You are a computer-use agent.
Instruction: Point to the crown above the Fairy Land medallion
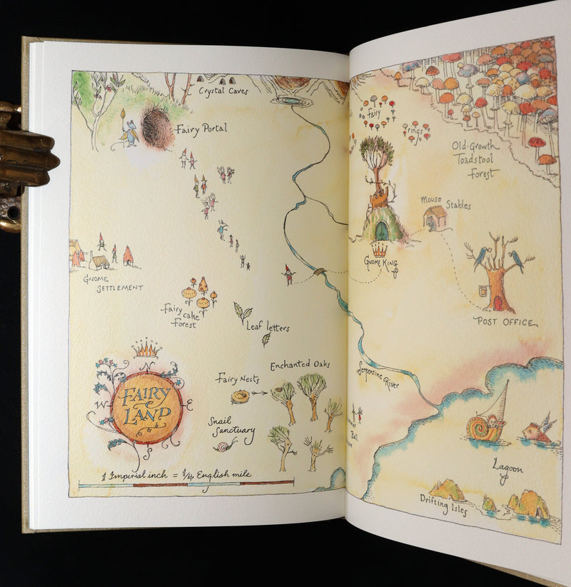tap(146, 348)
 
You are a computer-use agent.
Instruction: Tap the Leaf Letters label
tap(268, 327)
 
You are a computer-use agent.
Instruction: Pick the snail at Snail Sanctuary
tap(226, 446)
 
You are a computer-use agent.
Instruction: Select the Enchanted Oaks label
tap(300, 364)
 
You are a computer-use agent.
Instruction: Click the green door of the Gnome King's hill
tap(382, 230)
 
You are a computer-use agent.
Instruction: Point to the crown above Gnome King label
tap(378, 250)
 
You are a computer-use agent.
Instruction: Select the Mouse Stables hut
tap(434, 217)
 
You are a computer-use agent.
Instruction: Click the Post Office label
tap(505, 322)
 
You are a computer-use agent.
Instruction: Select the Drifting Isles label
tap(444, 504)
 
